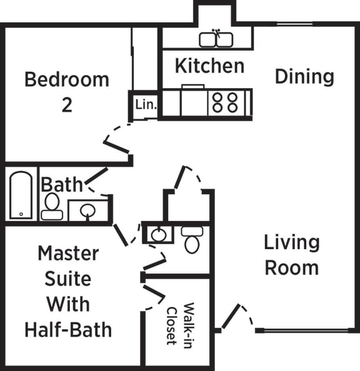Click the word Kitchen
click(x=209, y=66)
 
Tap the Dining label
click(x=304, y=77)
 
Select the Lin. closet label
click(x=146, y=104)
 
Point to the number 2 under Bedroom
click(x=67, y=105)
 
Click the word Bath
click(x=61, y=185)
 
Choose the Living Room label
click(x=291, y=255)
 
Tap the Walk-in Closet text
click(x=179, y=324)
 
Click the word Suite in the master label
click(x=68, y=279)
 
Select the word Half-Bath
click(x=68, y=329)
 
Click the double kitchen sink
click(x=216, y=40)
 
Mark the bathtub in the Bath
click(x=21, y=195)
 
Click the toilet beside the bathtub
click(x=52, y=207)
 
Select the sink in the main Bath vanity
click(x=87, y=211)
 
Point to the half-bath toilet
click(x=191, y=240)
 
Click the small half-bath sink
click(x=159, y=235)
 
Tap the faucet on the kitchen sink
click(x=216, y=32)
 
